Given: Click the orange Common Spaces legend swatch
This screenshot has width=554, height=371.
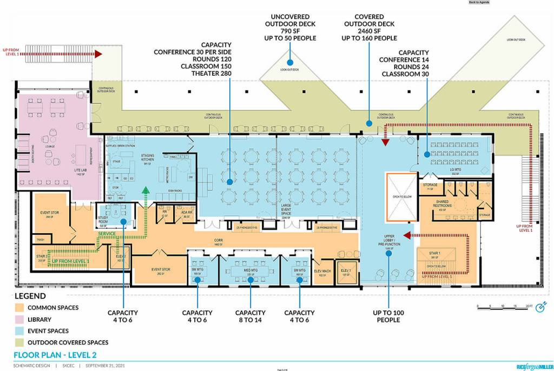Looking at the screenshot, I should [x=21, y=308].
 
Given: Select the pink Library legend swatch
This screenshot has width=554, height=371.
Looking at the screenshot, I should [x=21, y=319].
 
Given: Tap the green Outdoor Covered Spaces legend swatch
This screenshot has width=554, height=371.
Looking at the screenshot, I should [x=21, y=342].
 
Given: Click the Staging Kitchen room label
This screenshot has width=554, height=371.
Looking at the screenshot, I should [x=148, y=157].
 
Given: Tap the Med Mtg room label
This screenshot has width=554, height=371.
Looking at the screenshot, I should [x=250, y=270].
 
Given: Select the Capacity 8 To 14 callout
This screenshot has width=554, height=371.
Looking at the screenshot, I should [x=250, y=316].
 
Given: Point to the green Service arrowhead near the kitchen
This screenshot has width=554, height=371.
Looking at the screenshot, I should [x=145, y=189].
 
